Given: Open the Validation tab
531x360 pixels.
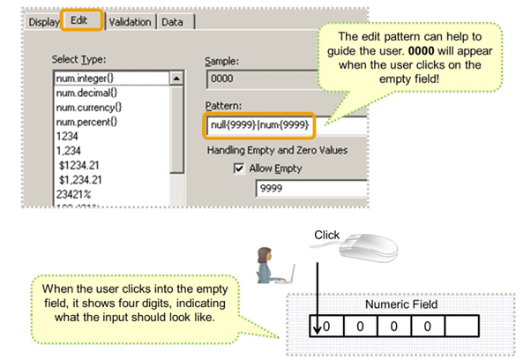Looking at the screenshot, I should coord(130,21).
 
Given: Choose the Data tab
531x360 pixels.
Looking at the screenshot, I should coord(173,21).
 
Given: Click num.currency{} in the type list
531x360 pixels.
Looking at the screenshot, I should coord(88,108).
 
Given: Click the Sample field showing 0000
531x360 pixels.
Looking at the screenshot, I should coord(256,79).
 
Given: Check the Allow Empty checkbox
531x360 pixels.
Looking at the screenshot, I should coord(239,168).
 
